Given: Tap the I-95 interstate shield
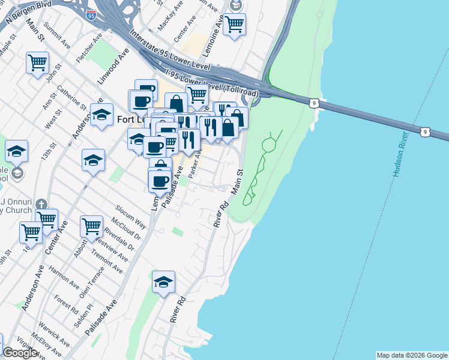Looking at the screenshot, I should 91,13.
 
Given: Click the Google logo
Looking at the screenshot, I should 20,353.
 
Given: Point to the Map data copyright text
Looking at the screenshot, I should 412,355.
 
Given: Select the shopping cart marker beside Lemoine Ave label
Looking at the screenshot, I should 234,24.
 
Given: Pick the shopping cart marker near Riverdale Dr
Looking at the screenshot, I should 91,226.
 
